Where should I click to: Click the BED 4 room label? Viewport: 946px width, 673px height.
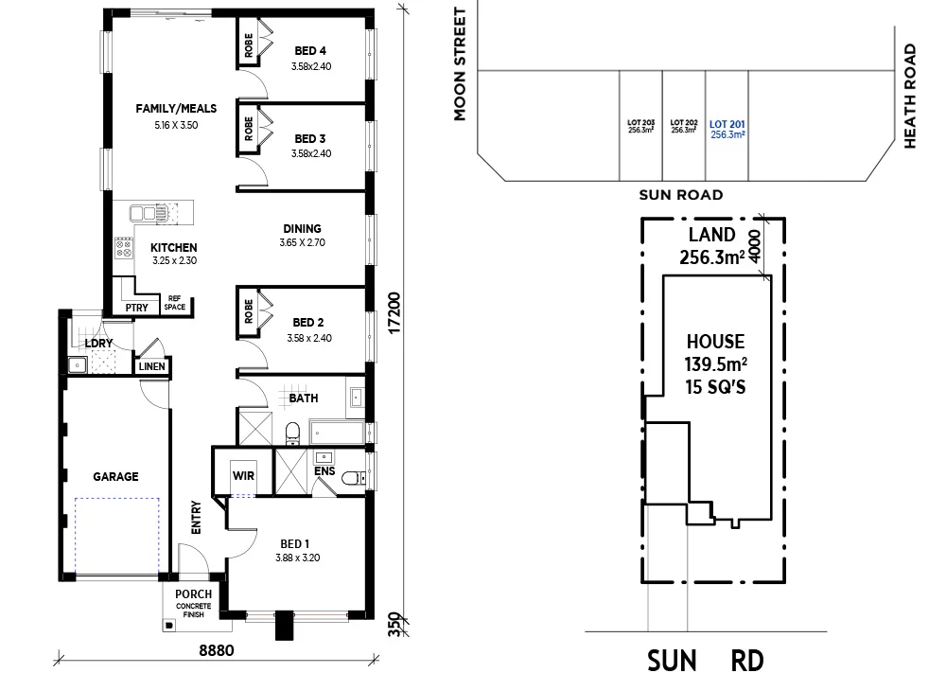click(x=310, y=51)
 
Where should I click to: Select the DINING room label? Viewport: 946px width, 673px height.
click(x=301, y=228)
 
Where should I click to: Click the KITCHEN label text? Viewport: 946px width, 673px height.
click(x=174, y=247)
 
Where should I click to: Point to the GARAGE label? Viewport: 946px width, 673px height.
click(x=115, y=477)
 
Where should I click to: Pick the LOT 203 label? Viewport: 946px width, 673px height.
click(x=640, y=122)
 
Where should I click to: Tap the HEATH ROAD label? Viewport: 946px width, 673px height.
click(x=910, y=96)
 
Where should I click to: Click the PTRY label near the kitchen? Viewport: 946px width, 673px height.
click(x=134, y=308)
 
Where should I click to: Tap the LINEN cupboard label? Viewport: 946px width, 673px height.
click(x=151, y=366)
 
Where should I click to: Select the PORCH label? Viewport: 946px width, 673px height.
click(x=193, y=594)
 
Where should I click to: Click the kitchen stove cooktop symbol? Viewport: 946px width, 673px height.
click(x=124, y=248)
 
